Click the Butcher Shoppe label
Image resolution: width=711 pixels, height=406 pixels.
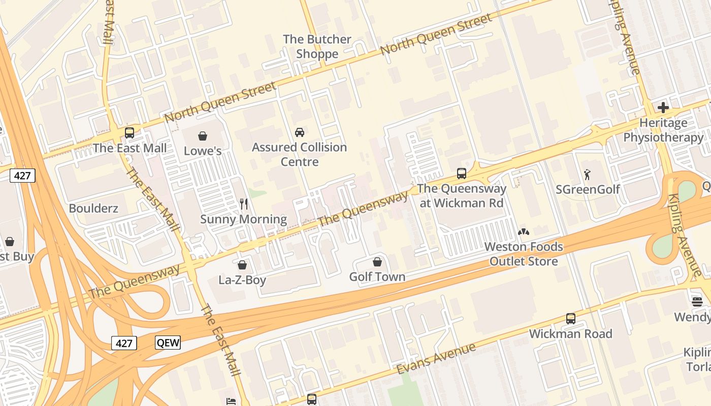(317, 46)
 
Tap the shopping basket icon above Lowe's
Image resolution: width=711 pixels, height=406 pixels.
(203, 136)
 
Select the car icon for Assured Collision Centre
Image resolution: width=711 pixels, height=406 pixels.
(300, 132)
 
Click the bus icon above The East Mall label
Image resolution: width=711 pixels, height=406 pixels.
(130, 133)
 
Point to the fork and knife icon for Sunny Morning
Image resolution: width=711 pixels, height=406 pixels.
(244, 204)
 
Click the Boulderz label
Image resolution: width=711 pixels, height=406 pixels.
(93, 208)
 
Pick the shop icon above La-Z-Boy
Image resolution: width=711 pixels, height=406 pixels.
(242, 265)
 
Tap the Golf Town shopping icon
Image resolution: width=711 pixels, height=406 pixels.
(377, 262)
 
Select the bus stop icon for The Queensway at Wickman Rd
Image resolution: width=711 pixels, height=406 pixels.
(462, 174)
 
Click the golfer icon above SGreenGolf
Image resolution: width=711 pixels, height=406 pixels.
(587, 175)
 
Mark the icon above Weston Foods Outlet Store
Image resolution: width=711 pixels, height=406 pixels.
(523, 232)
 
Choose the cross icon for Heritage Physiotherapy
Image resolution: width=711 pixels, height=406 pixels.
(663, 108)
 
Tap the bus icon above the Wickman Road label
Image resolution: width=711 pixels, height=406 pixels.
(571, 319)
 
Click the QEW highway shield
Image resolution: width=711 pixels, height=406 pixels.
(168, 343)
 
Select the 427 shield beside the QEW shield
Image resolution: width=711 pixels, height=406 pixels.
(124, 343)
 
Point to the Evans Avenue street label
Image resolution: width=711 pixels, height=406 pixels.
(436, 358)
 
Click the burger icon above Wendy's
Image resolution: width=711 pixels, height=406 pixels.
(697, 302)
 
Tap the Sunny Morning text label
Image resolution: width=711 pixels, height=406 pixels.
(243, 219)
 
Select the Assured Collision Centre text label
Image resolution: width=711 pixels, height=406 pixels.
(300, 154)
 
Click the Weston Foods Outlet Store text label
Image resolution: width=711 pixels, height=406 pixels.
(524, 254)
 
